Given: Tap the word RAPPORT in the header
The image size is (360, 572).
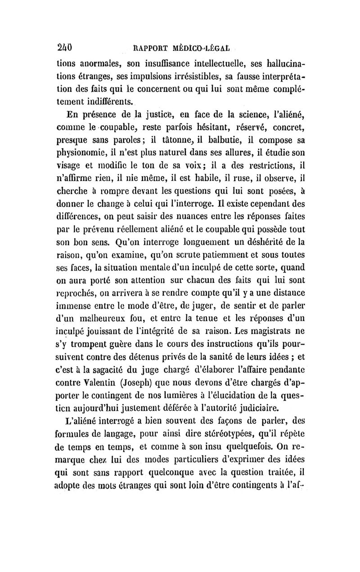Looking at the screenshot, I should [x=148, y=48].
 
